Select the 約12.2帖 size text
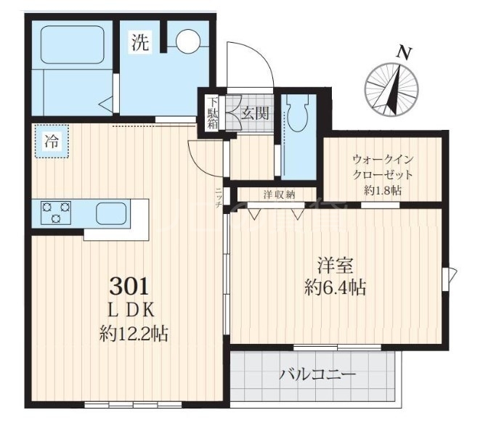(134, 334)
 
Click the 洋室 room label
(335, 265)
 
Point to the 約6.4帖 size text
(335, 288)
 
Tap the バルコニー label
(318, 375)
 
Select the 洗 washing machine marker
(140, 43)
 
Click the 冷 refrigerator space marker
(52, 142)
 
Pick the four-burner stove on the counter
(56, 213)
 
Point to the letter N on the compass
(404, 52)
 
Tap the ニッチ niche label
(219, 198)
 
